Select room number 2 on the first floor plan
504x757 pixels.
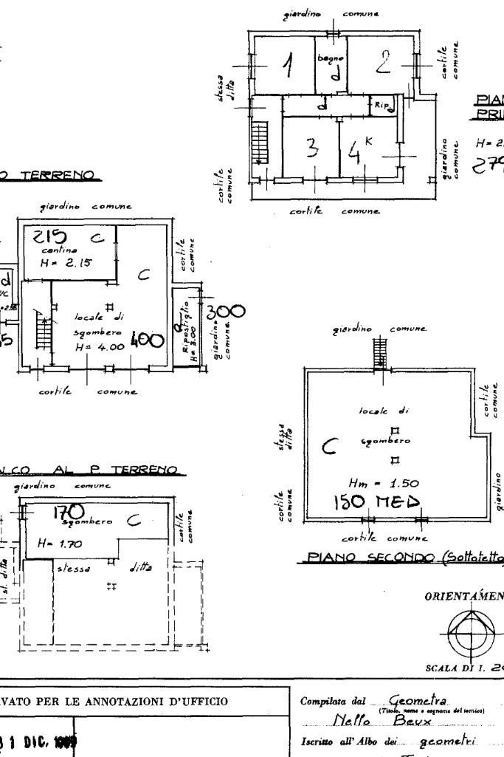click(383, 64)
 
